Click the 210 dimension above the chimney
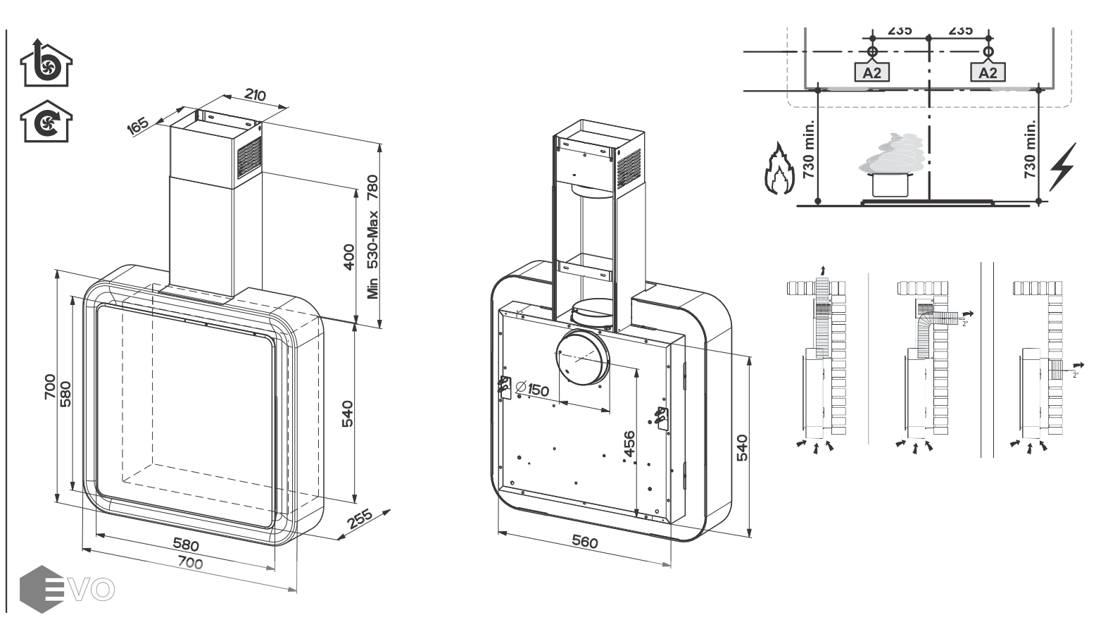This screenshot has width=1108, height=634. click(255, 94)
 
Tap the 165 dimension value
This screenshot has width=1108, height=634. click(138, 125)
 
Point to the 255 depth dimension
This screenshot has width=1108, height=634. click(360, 519)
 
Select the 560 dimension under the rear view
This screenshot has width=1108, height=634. click(584, 542)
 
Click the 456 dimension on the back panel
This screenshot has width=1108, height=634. click(629, 444)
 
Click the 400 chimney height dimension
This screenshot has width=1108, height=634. click(348, 257)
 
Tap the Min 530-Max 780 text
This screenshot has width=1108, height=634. click(372, 236)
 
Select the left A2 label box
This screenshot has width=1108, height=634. click(872, 72)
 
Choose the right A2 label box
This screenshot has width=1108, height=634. click(988, 72)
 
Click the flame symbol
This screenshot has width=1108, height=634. click(777, 169)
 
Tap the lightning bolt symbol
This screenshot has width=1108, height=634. click(1063, 167)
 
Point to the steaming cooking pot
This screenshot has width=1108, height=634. click(890, 169)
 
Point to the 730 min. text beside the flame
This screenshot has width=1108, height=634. click(809, 149)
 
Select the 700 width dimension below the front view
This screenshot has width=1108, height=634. click(190, 563)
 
